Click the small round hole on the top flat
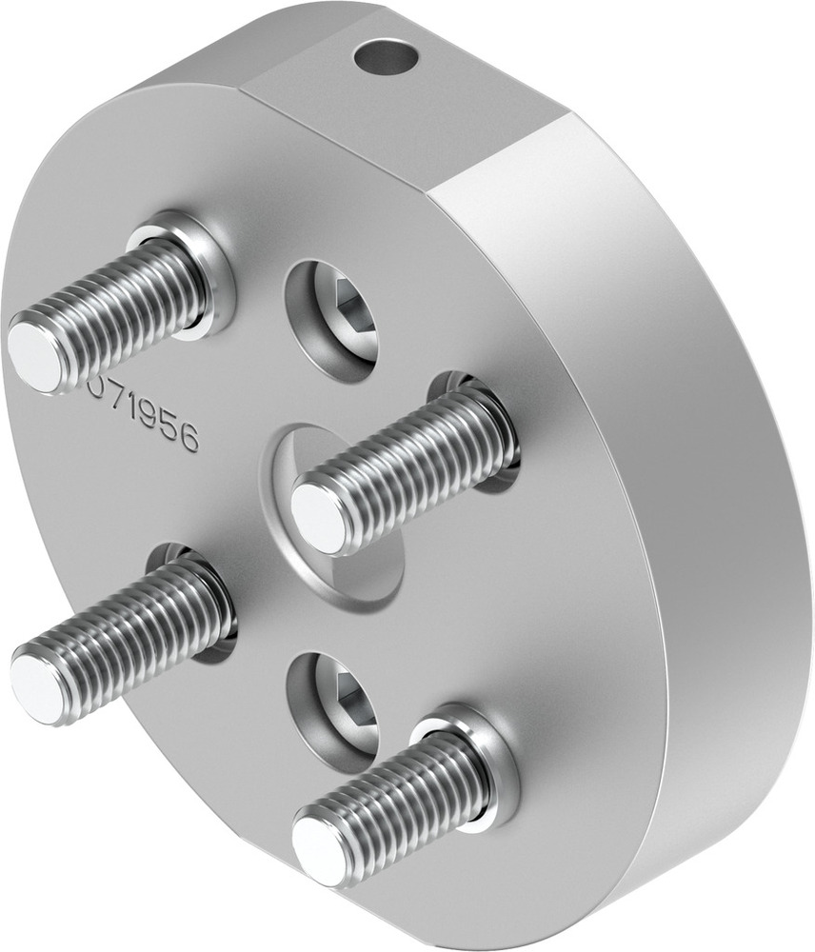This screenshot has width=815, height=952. (x=386, y=56)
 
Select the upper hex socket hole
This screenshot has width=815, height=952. (x=332, y=320)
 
